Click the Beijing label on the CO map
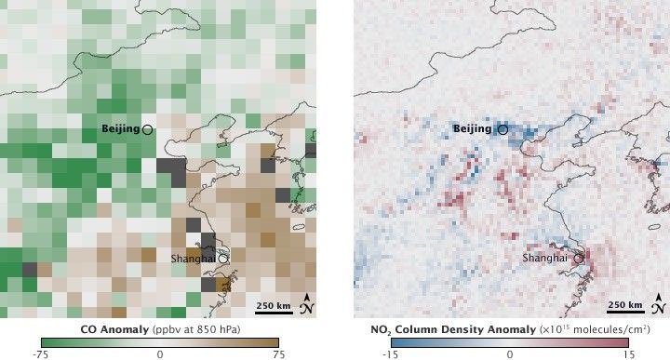click(x=120, y=128)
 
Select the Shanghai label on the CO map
click(x=193, y=258)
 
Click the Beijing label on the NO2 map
click(x=473, y=128)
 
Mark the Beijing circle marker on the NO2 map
click(x=502, y=129)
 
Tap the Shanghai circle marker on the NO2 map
click(x=578, y=258)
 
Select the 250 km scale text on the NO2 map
click(x=626, y=303)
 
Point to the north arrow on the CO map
click(x=306, y=302)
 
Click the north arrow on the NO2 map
click(x=659, y=302)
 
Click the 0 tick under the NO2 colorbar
click(x=511, y=354)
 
